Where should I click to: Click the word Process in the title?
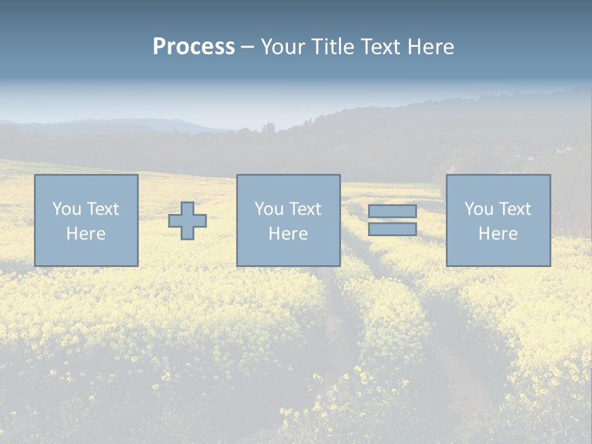point(194,47)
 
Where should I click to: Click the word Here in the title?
point(432,47)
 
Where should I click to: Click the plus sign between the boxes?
point(187,221)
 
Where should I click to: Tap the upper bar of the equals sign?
point(392,212)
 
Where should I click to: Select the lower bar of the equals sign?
point(392,229)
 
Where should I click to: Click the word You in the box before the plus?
point(66,209)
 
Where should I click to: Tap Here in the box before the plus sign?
point(86,234)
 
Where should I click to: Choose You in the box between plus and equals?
point(268,209)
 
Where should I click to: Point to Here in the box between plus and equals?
point(288,234)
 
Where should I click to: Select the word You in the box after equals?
point(478,209)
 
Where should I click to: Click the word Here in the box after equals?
point(498,234)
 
